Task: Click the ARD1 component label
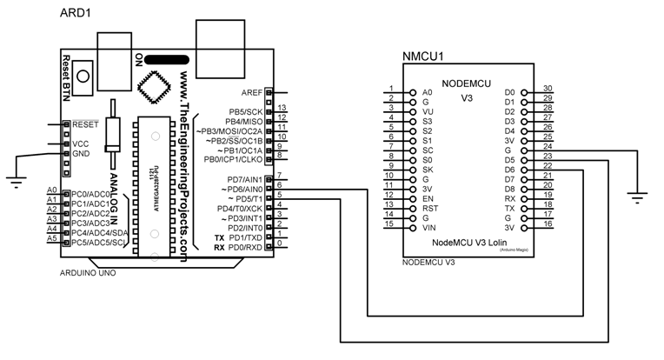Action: coord(77,15)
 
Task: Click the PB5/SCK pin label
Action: coord(246,112)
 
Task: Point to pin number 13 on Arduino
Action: coord(282,108)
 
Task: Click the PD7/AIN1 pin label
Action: coord(245,179)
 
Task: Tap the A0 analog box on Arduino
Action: coord(52,190)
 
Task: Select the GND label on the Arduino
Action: coord(81,155)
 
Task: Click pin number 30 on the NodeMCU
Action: coord(548,89)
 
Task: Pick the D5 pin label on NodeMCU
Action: coord(510,160)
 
